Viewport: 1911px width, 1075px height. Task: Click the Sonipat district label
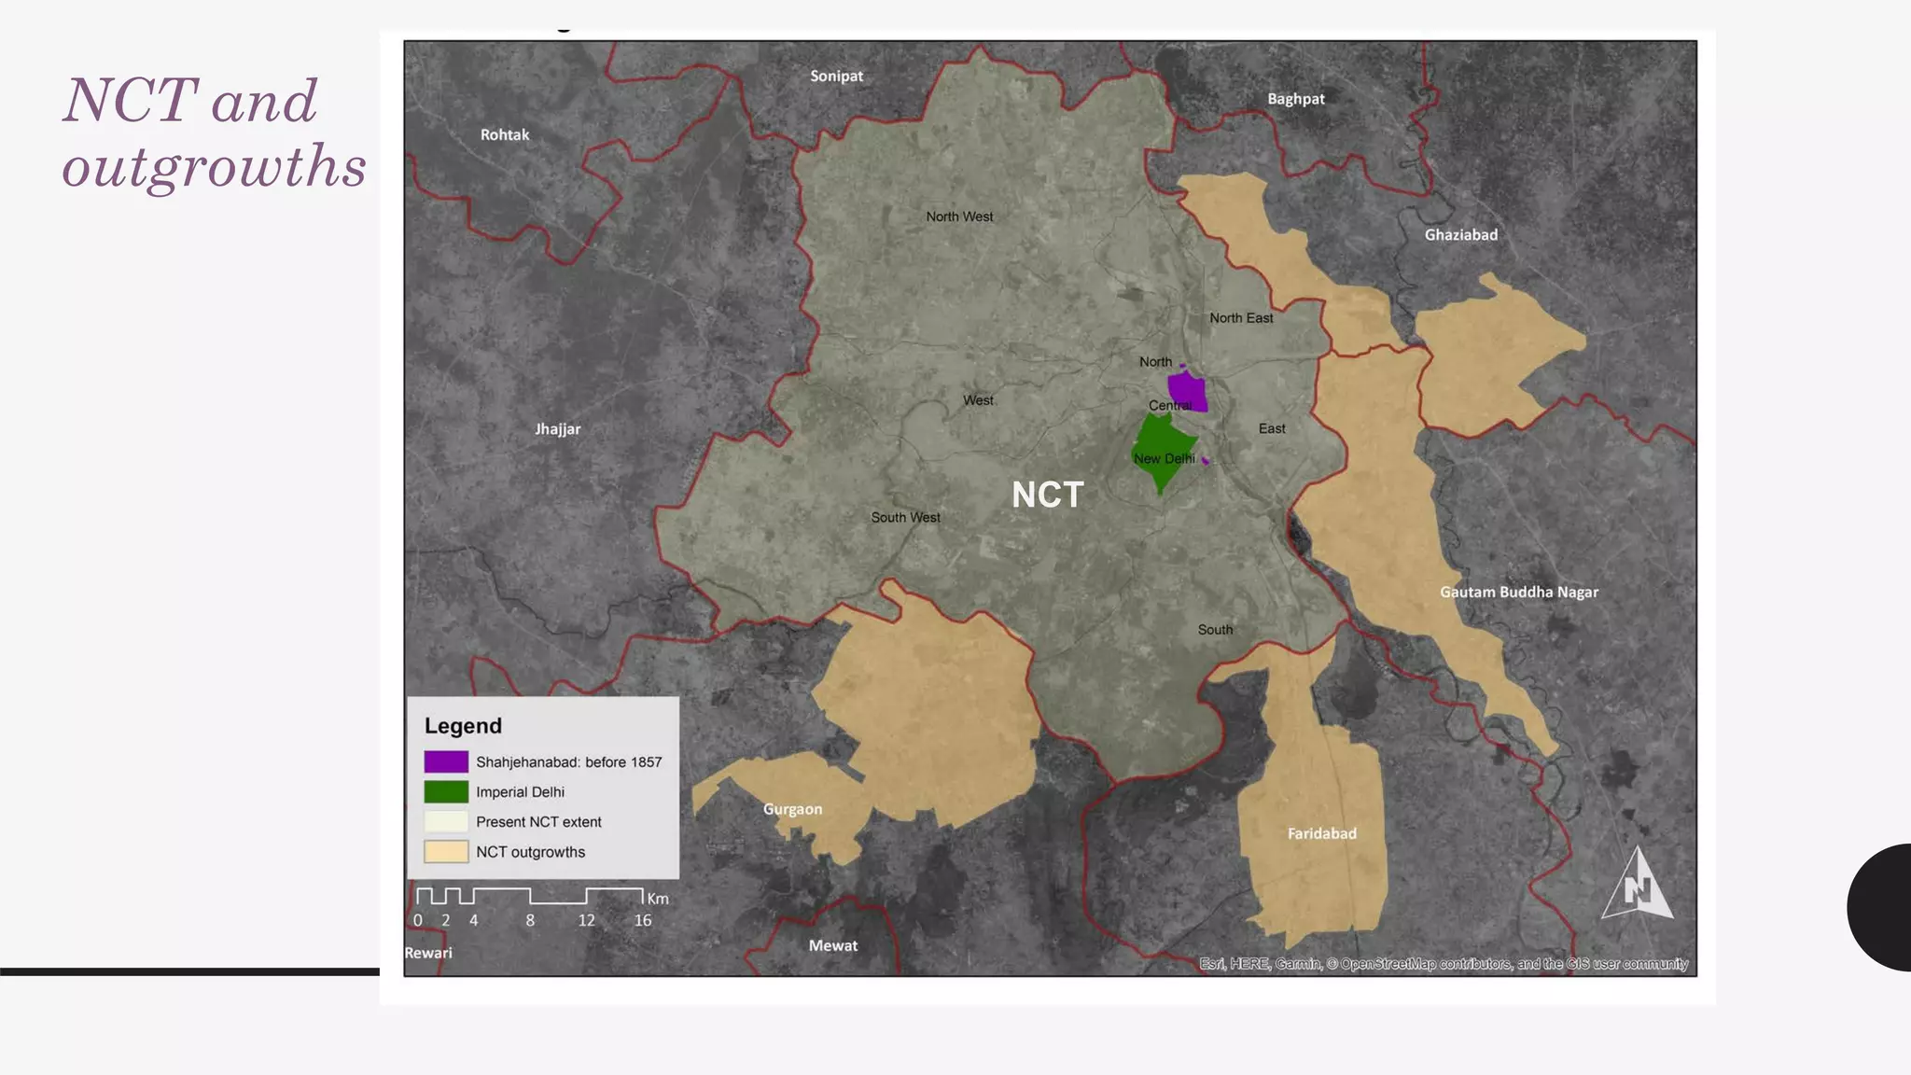coord(836,77)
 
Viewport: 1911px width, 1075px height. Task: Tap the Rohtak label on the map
coord(505,135)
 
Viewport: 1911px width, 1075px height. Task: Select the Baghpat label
coord(1295,99)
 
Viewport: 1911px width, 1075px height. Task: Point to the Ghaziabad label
coord(1460,235)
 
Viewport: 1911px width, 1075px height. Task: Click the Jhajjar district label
coord(557,429)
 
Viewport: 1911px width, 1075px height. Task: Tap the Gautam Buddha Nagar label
coord(1518,593)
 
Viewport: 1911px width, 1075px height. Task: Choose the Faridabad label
coord(1321,834)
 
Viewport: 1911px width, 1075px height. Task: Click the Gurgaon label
coord(792,809)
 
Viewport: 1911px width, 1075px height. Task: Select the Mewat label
coord(832,946)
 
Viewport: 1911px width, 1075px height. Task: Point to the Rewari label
coord(428,953)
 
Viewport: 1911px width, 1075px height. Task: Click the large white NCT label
coord(1047,496)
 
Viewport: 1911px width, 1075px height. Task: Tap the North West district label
coord(959,216)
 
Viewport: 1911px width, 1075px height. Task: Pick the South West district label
coord(905,518)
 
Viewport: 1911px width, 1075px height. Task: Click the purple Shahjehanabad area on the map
coord(1187,391)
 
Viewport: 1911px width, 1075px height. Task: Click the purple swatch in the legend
coord(446,761)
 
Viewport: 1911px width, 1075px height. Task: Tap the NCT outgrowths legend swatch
coord(446,852)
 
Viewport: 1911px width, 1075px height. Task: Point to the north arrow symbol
coord(1638,887)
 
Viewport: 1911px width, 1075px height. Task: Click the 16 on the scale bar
coord(643,921)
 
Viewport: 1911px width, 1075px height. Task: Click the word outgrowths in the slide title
coord(214,167)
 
